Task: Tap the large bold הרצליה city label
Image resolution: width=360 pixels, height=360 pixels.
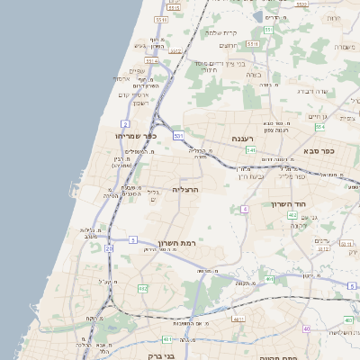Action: tap(184, 190)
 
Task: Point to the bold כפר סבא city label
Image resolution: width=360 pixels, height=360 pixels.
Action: tap(319, 150)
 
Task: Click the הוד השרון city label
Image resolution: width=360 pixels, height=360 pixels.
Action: tap(290, 204)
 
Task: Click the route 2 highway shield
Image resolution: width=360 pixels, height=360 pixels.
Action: tap(124, 122)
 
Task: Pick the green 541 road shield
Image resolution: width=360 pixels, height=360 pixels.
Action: tap(252, 149)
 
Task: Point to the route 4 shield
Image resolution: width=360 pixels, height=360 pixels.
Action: tap(244, 209)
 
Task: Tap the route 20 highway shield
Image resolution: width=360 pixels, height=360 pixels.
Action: tap(109, 247)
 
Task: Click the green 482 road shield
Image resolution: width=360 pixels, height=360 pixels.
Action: tap(144, 288)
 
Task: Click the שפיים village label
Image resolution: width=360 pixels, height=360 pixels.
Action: tap(137, 71)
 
